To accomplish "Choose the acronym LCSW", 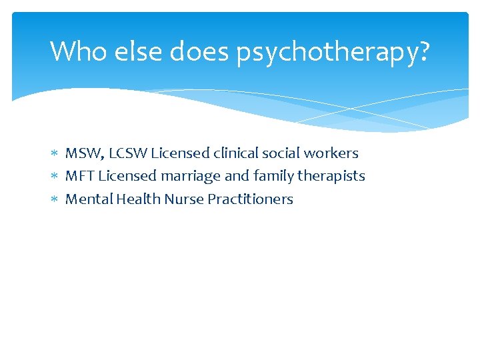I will coord(127,153).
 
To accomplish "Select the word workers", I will coord(331,153).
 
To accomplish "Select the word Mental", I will coord(89,199).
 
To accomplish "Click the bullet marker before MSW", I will coord(55,154).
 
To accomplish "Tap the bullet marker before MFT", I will coord(55,177).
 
